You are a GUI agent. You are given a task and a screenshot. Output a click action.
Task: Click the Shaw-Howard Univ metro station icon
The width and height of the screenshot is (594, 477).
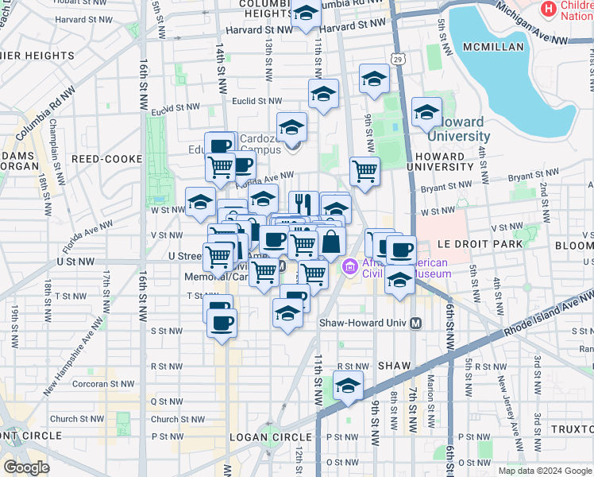[415, 323]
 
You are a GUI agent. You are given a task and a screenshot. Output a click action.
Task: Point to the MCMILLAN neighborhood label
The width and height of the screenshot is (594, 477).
[490, 47]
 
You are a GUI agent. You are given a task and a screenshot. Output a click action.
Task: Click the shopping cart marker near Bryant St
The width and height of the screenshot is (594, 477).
[364, 170]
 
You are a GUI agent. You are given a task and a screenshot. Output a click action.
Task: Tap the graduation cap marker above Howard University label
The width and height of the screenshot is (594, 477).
[426, 112]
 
